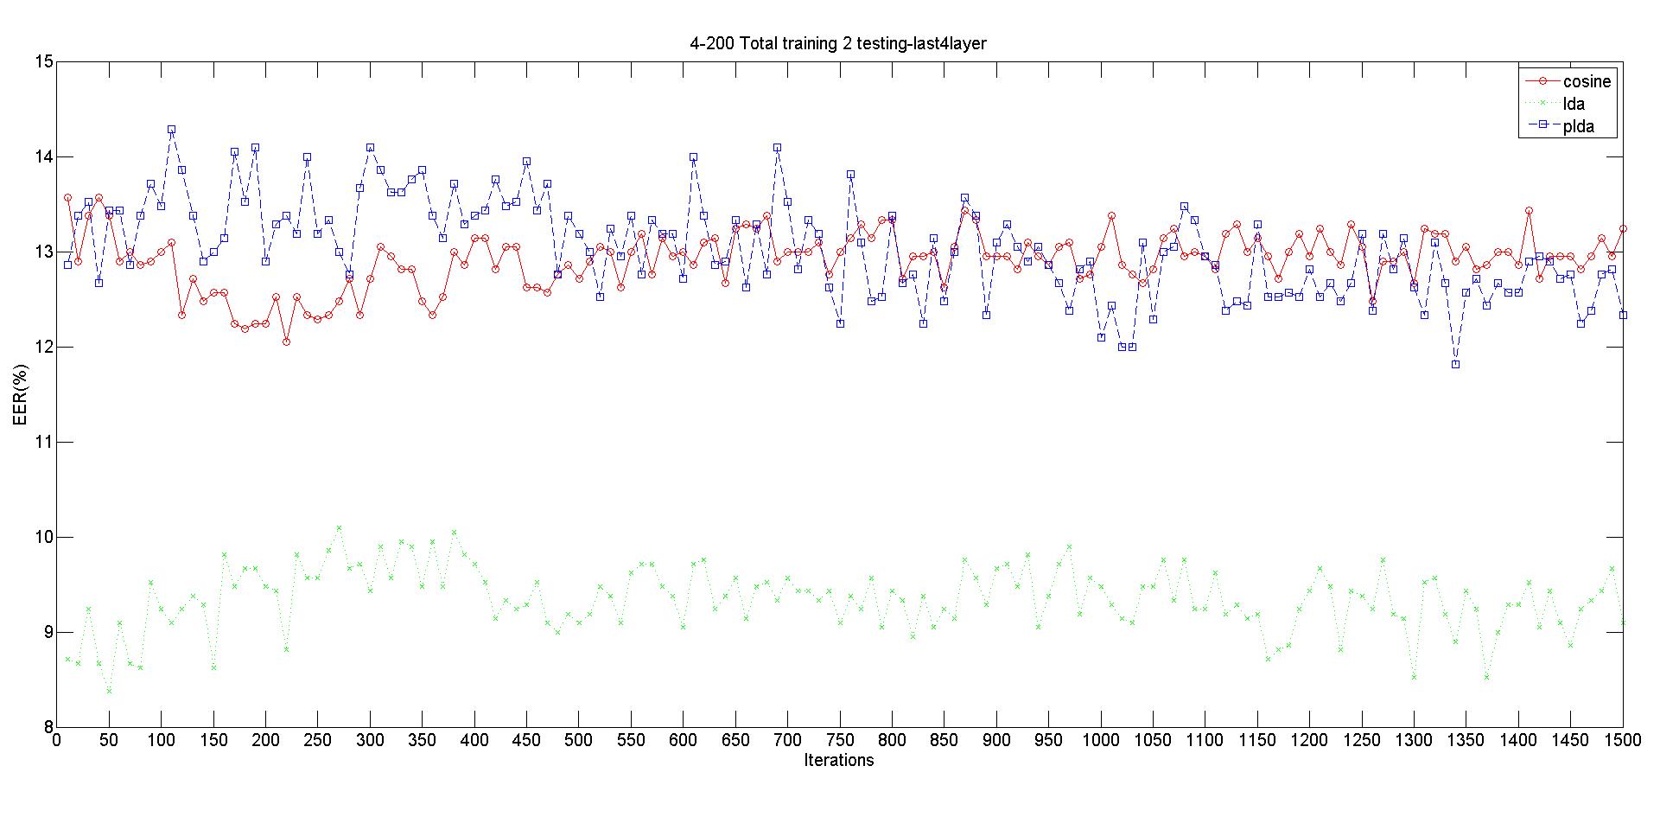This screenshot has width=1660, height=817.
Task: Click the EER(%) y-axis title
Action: click(x=22, y=394)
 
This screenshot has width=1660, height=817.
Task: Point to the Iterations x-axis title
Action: click(x=838, y=761)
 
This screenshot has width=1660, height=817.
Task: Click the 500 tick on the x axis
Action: click(x=578, y=740)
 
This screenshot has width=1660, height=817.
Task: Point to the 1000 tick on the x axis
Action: click(x=1100, y=740)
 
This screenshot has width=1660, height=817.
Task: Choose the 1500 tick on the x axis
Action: click(x=1622, y=740)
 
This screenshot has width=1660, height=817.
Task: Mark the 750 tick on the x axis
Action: click(x=839, y=740)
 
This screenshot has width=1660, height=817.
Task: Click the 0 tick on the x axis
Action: click(x=57, y=740)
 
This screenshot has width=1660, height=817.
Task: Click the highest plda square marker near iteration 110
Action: click(x=171, y=130)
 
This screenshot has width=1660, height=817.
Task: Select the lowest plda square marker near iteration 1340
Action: click(x=1455, y=364)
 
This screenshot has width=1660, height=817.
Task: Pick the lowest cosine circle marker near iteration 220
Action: click(x=286, y=341)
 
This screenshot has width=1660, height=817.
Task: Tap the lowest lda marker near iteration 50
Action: click(x=109, y=691)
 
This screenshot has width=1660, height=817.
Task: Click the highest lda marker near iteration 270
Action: click(x=339, y=527)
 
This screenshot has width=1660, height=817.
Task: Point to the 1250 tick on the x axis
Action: click(x=1361, y=740)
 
